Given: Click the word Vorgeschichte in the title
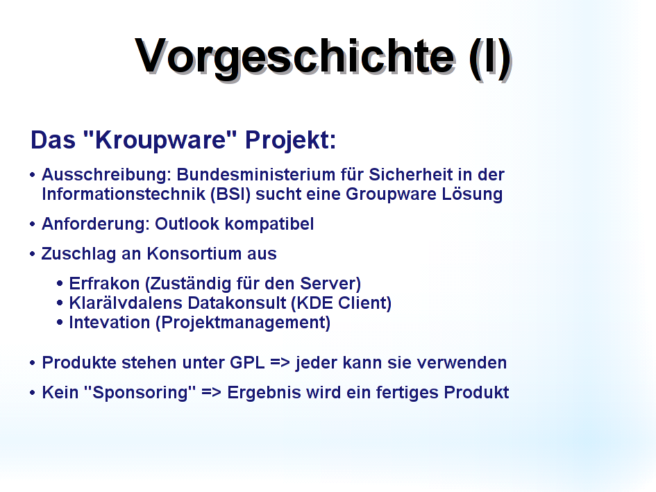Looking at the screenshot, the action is pyautogui.click(x=294, y=58).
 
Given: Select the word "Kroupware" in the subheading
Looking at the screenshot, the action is pyautogui.click(x=160, y=139).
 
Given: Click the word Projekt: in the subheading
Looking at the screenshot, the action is pyautogui.click(x=290, y=141).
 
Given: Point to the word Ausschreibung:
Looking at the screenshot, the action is pyautogui.click(x=106, y=175).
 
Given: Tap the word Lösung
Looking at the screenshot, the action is pyautogui.click(x=472, y=194).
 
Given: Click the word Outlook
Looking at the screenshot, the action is pyautogui.click(x=187, y=224).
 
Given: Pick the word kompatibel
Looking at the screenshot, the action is pyautogui.click(x=269, y=224).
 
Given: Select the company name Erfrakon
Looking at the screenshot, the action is pyautogui.click(x=104, y=284).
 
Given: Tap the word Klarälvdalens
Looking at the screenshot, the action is pyautogui.click(x=126, y=303).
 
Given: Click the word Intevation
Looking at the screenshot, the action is pyautogui.click(x=110, y=323).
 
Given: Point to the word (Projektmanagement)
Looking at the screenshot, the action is pyautogui.click(x=243, y=323).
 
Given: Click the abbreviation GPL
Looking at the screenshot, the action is pyautogui.click(x=247, y=363).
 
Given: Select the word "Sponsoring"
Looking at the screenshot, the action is pyautogui.click(x=140, y=393).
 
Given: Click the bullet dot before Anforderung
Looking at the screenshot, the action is pyautogui.click(x=33, y=224).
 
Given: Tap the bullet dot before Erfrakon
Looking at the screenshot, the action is pyautogui.click(x=60, y=284).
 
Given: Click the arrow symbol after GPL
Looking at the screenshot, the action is pyautogui.click(x=280, y=363).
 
